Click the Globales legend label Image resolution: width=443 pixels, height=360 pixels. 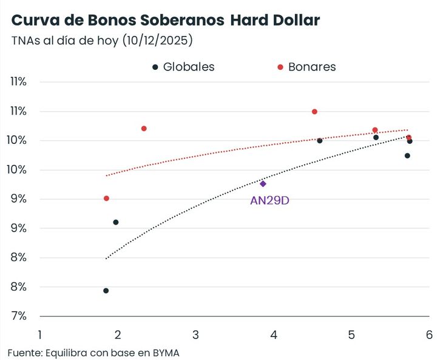pos(189,67)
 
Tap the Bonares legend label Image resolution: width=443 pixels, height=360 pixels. pos(312,67)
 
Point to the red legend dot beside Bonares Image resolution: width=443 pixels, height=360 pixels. pos(280,67)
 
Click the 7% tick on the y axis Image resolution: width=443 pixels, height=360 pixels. pos(19,316)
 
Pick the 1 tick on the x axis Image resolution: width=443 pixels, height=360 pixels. pos(40,335)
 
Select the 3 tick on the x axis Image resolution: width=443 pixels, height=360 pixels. pos(195,335)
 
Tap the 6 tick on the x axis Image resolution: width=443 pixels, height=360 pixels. pos(428,335)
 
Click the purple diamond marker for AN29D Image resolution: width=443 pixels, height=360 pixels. pos(263,183)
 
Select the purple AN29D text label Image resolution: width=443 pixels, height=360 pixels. pos(269,200)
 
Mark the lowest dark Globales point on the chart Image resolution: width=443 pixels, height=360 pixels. pos(106,291)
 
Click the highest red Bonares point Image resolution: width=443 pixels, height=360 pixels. pos(314,112)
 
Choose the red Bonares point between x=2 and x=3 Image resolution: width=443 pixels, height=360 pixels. pos(144,129)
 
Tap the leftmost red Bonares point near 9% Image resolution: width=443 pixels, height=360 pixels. pos(106,199)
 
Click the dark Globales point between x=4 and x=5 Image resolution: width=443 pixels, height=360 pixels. pos(320,141)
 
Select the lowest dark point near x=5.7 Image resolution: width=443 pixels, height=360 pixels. pos(407,156)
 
